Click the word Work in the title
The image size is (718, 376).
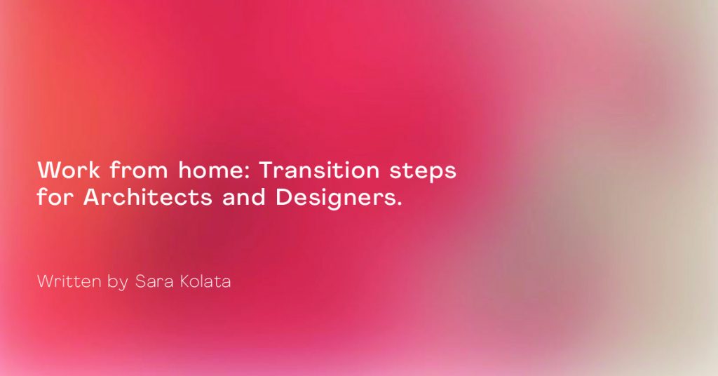point(69,170)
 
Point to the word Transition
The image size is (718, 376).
point(320,170)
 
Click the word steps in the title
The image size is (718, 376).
point(423,172)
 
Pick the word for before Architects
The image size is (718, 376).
point(55,197)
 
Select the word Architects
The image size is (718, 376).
point(148,197)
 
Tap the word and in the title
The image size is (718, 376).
point(244,197)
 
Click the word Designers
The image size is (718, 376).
point(336,199)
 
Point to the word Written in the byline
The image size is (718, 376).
point(69,281)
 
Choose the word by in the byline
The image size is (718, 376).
point(118,283)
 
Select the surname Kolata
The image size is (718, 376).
point(205,281)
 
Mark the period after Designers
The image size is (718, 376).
point(399,204)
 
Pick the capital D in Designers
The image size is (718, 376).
point(283,197)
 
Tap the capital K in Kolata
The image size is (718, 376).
point(185,281)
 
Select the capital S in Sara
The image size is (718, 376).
point(140,281)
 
